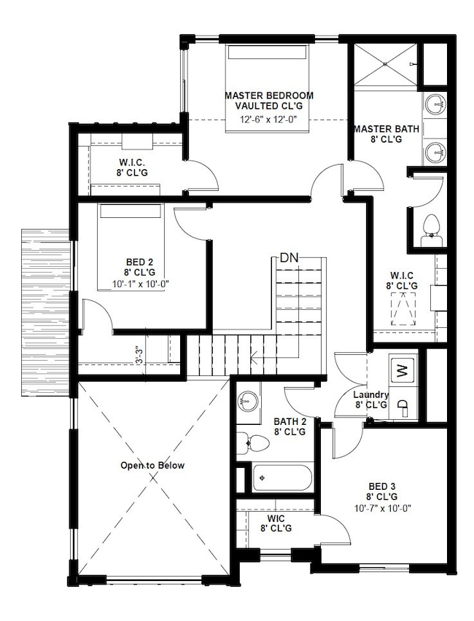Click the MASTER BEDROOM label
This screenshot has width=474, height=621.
269,95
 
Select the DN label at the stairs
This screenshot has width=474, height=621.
290,259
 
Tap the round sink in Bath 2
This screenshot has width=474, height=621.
249,400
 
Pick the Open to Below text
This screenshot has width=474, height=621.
153,465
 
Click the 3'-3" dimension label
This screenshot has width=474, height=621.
139,354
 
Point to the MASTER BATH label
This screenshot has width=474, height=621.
386,129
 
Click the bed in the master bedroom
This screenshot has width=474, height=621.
269,73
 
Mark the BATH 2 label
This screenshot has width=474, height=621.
290,421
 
